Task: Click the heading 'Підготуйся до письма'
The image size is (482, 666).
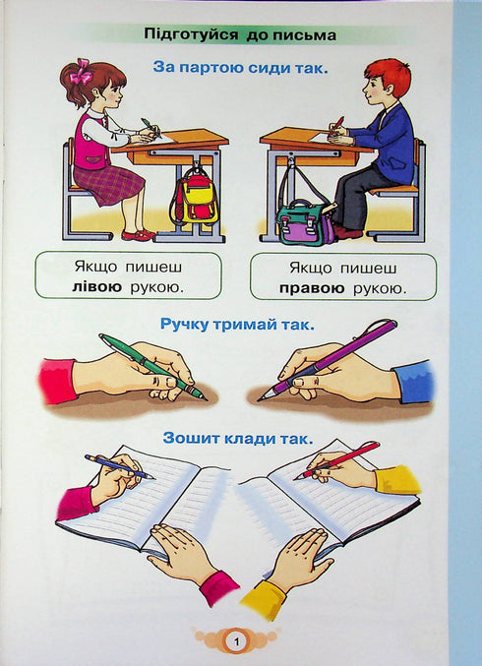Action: [240, 35]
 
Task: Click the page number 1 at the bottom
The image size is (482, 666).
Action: [236, 641]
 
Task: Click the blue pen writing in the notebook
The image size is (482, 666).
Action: [118, 465]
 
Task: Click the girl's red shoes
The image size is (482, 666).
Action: [137, 235]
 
